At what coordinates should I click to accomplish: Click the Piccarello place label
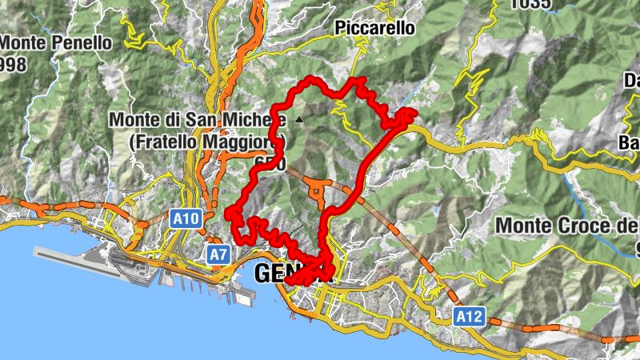click(375, 28)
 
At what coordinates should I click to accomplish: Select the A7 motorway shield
click(218, 254)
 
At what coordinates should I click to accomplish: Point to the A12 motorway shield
click(470, 318)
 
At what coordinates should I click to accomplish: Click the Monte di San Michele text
click(196, 120)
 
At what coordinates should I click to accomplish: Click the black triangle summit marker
click(299, 119)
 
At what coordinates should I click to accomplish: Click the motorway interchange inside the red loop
click(318, 190)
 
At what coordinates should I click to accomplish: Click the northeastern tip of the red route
click(412, 113)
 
